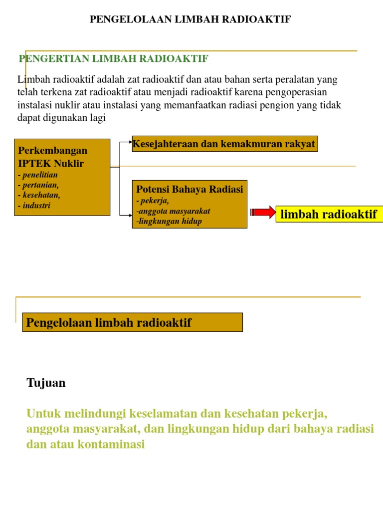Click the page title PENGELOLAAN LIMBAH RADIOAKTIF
tap(190, 19)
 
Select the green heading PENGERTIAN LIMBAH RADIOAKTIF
tap(113, 59)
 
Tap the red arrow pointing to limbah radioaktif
tap(263, 213)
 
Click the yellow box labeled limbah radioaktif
tap(329, 215)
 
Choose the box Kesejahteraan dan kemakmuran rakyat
tap(224, 144)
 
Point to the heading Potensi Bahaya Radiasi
tap(190, 189)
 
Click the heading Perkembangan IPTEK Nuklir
tap(52, 157)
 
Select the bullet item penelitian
tap(39, 175)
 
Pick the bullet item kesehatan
tap(40, 195)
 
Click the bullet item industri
tap(35, 205)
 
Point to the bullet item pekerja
tap(154, 201)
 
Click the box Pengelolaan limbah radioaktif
tap(133, 322)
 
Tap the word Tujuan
tap(46, 383)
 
